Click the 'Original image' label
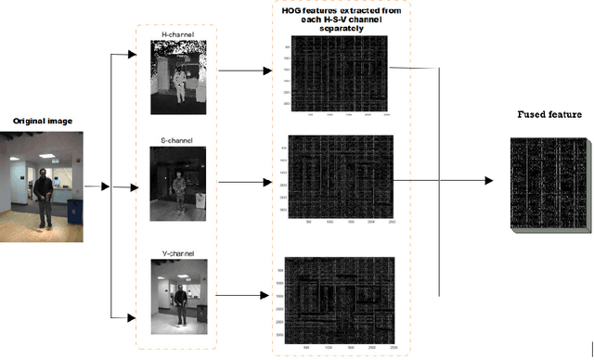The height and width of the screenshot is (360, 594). pos(41,122)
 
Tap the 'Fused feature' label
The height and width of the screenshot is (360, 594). pos(549,115)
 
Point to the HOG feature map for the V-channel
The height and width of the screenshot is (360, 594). pos(343,294)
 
